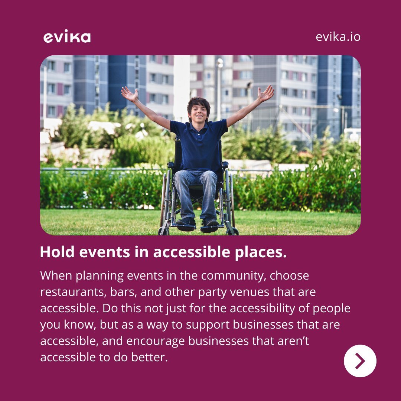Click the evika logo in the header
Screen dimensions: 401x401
pyautogui.click(x=67, y=37)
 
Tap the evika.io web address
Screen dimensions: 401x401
pyautogui.click(x=338, y=37)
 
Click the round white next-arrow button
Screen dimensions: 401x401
pyautogui.click(x=360, y=361)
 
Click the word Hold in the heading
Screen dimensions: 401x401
pyautogui.click(x=55, y=252)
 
